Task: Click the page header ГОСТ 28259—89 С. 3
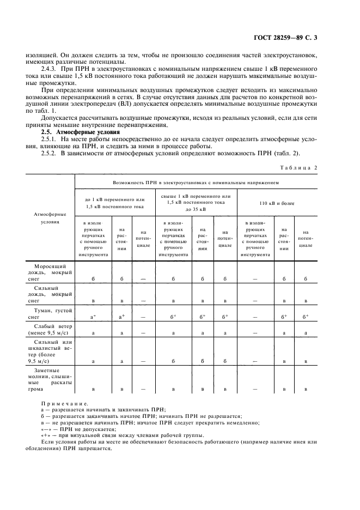(292, 38)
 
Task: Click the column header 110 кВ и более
(277, 203)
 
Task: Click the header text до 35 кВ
(196, 210)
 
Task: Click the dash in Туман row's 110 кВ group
(255, 316)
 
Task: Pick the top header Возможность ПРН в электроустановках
(195, 184)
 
